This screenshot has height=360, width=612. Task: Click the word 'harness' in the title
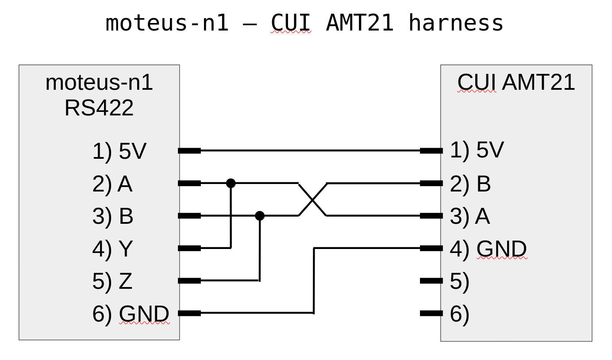[x=456, y=23]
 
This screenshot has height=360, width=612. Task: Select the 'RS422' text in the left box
[x=99, y=108]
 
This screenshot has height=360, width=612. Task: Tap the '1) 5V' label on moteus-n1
[x=119, y=151]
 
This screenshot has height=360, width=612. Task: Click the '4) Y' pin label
[x=112, y=249]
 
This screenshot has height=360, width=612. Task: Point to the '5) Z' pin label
[x=112, y=281]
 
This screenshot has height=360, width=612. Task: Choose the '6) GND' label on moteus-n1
[x=131, y=314]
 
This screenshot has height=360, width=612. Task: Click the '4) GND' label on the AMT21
[x=488, y=249]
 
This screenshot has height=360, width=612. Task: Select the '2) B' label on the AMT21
[x=470, y=184]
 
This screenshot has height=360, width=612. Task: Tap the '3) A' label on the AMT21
[x=470, y=216]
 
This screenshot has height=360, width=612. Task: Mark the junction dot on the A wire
[x=231, y=183]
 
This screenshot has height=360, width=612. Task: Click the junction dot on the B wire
[x=260, y=216]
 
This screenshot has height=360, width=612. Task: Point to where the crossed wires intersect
[x=312, y=200]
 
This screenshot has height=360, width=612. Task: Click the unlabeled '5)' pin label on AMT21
[x=459, y=281]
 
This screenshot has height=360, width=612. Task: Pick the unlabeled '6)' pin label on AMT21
[x=459, y=314]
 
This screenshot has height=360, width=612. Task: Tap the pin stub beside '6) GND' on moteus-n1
[x=189, y=314]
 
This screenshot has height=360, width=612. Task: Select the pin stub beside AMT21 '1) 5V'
[x=431, y=151]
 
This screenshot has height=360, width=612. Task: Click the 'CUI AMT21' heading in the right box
[x=516, y=82]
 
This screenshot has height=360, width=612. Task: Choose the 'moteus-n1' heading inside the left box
[x=99, y=83]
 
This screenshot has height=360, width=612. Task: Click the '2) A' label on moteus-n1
[x=112, y=184]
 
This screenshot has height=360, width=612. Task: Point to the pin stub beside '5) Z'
[x=189, y=280]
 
